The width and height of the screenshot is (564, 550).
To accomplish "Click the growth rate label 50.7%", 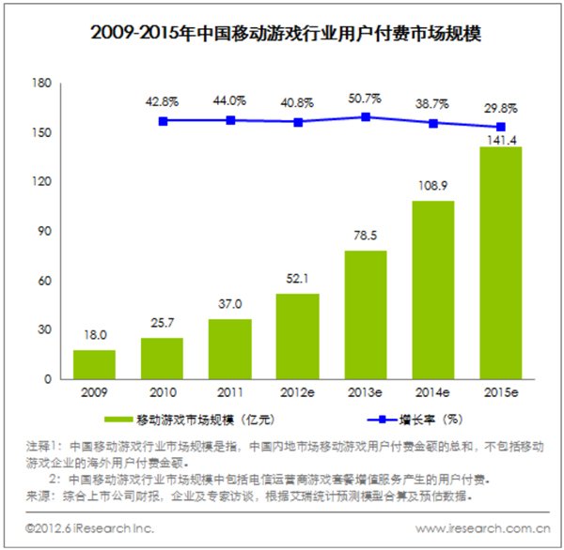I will point(366,99).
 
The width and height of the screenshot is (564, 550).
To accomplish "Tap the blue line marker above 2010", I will point(163,120).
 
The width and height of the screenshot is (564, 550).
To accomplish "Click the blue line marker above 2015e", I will point(500,127).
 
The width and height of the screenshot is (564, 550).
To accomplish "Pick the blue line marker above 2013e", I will point(366,117).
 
